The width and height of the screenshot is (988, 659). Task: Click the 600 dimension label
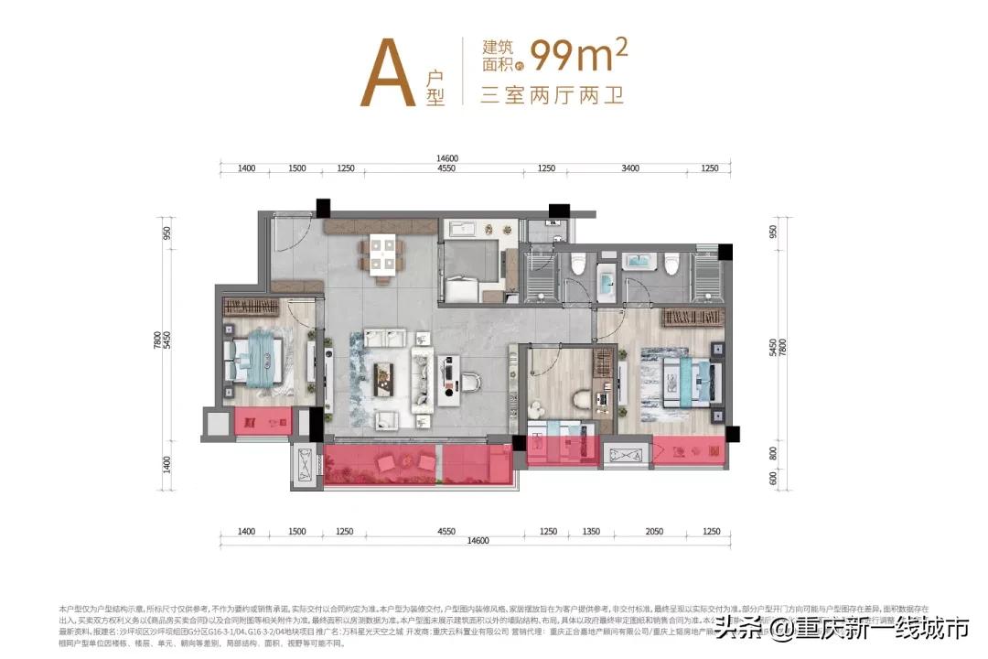773,478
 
